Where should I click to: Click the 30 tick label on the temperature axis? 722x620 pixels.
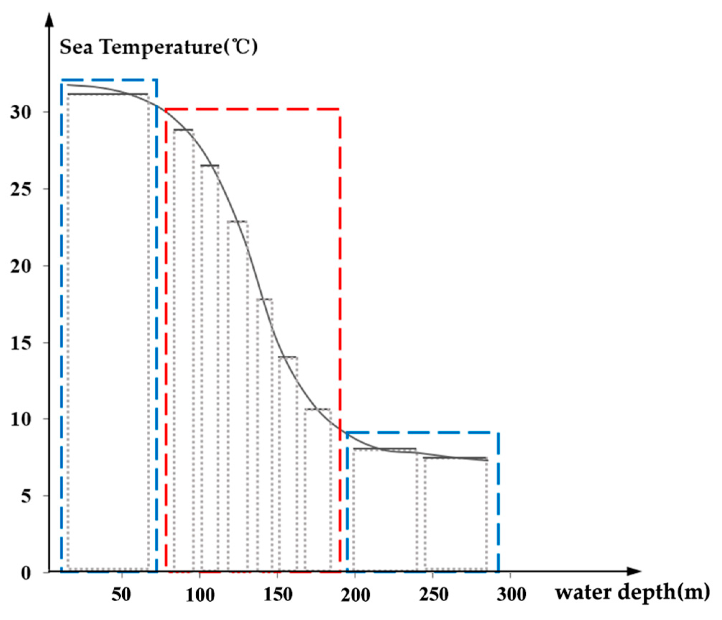(x=21, y=113)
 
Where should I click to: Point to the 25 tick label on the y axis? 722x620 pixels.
(x=21, y=190)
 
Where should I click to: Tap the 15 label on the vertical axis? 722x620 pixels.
(x=21, y=343)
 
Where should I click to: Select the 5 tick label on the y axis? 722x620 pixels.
(x=26, y=497)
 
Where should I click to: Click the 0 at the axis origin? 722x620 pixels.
(x=26, y=573)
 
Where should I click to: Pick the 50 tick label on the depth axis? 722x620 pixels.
(x=122, y=595)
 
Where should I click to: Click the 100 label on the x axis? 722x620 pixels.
(x=200, y=595)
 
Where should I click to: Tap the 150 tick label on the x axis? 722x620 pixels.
(x=278, y=595)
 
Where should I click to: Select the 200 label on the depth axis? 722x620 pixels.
(x=355, y=595)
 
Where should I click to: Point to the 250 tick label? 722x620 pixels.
(x=434, y=595)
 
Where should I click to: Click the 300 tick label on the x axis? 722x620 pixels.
(x=511, y=595)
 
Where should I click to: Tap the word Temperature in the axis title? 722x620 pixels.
(x=162, y=47)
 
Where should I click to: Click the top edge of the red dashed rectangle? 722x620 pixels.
(x=252, y=109)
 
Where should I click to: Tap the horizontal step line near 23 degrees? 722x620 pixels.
(x=237, y=222)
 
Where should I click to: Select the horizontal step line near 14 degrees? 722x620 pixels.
(x=288, y=357)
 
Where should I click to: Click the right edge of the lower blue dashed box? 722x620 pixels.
(x=498, y=503)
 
